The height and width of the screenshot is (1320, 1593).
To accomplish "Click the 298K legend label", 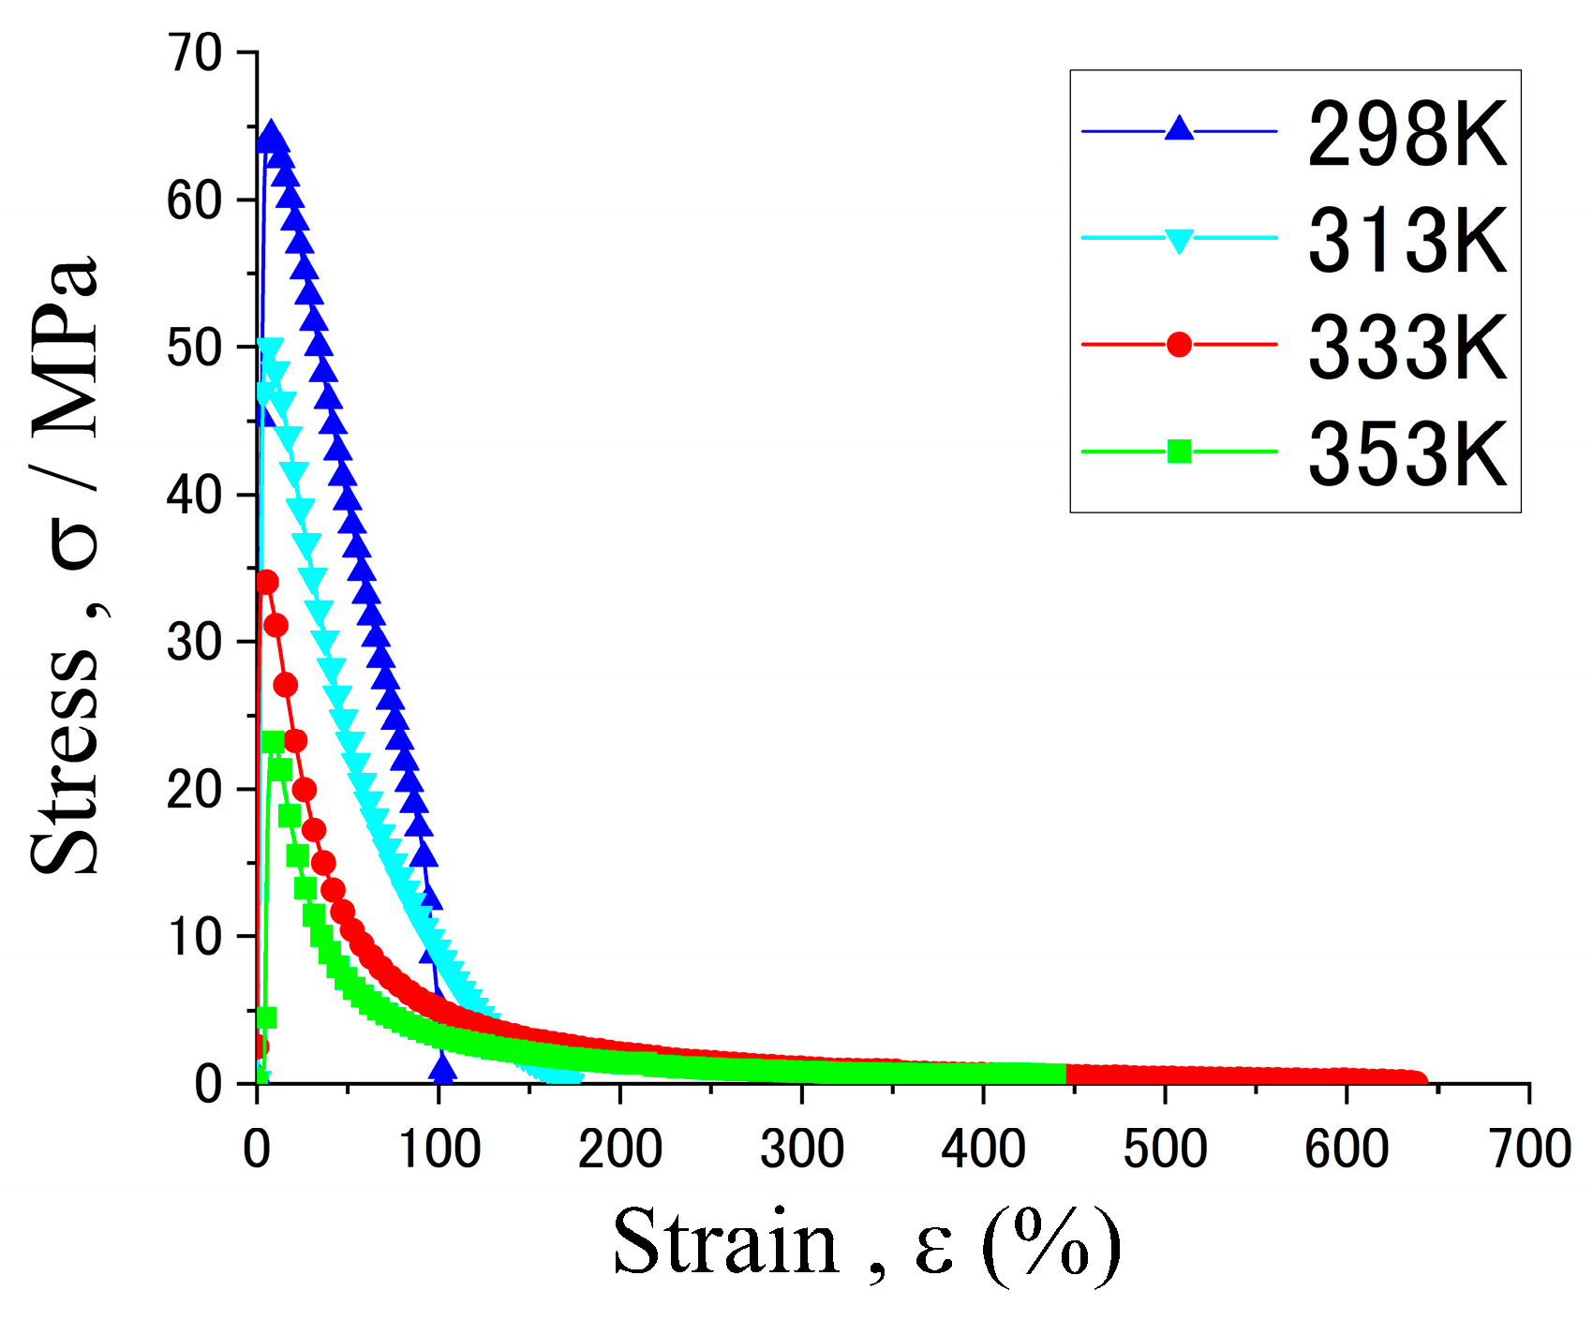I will click(x=1406, y=134).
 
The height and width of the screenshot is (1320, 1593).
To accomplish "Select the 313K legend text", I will click(x=1406, y=240).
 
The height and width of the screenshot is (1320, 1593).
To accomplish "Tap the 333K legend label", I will click(x=1406, y=347).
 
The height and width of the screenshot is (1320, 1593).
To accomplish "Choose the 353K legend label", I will click(x=1406, y=453).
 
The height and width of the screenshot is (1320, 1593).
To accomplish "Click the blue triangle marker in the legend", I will click(x=1179, y=128).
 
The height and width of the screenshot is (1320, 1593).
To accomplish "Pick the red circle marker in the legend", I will click(x=1179, y=345).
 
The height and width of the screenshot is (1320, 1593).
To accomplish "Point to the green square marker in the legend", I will click(x=1179, y=452).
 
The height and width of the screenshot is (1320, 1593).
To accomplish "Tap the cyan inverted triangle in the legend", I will click(x=1179, y=240).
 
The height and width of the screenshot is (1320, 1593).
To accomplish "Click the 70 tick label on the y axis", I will click(x=195, y=53).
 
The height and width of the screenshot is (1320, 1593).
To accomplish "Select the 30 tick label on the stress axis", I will click(x=195, y=643).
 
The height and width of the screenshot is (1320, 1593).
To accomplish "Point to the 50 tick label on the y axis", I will click(x=195, y=349).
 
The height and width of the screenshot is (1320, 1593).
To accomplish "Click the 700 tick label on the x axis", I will click(x=1529, y=1149).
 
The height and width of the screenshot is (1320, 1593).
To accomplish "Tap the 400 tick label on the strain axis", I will click(x=983, y=1149).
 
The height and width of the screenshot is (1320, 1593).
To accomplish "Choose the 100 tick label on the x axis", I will click(x=439, y=1149).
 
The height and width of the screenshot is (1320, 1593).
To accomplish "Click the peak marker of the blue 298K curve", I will click(x=271, y=134).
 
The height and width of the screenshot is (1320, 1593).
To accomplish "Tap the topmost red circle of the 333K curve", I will click(x=266, y=582).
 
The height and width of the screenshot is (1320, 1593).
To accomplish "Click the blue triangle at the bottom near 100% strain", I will click(x=443, y=1068).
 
